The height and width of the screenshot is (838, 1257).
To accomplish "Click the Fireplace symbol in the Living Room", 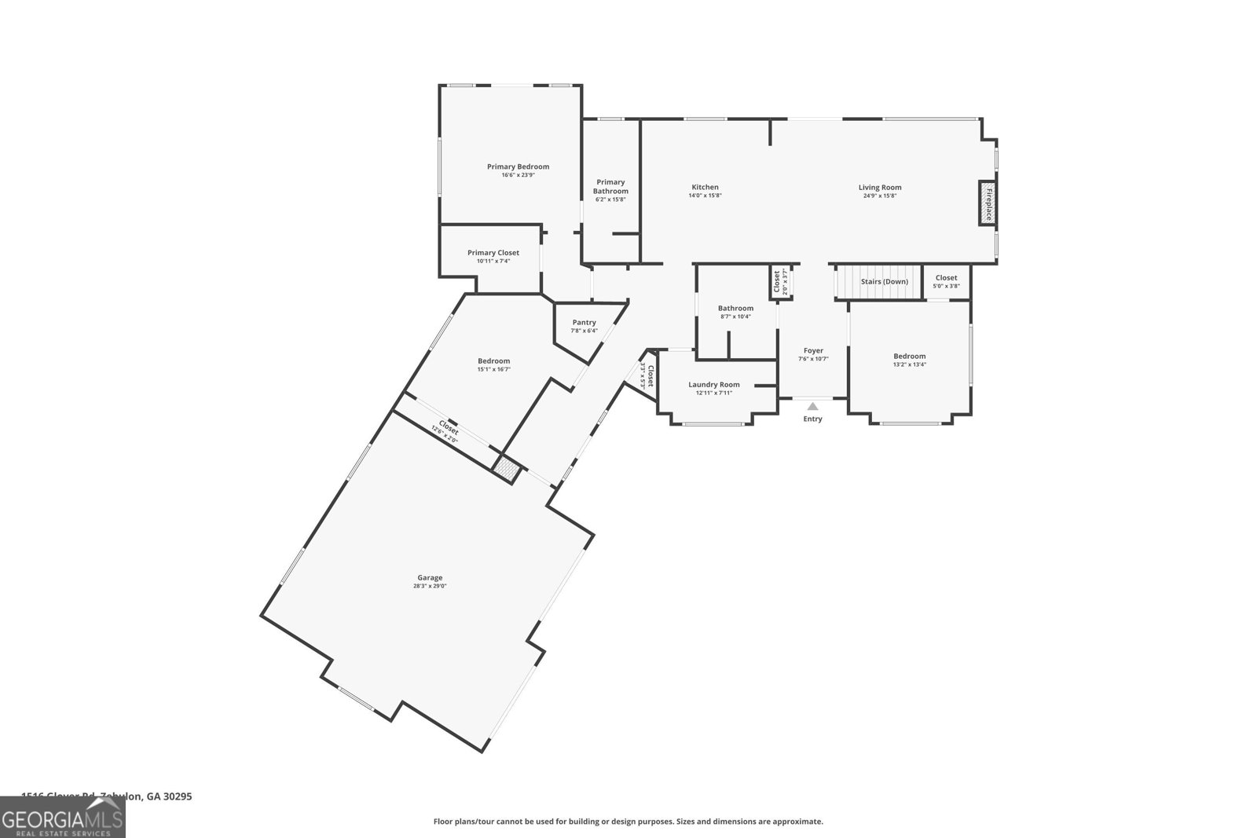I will click(x=987, y=203).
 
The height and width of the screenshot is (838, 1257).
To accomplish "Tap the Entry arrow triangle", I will click(x=813, y=407).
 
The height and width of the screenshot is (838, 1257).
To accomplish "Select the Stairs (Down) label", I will click(x=884, y=281).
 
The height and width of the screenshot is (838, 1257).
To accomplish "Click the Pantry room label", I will click(x=584, y=323).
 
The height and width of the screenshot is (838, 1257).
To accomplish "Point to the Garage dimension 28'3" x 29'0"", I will click(x=430, y=586).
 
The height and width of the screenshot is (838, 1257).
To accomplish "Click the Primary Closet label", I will click(x=493, y=253).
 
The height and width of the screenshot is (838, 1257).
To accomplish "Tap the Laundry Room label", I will click(x=714, y=385).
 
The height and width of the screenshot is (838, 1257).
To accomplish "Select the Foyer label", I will click(x=813, y=350).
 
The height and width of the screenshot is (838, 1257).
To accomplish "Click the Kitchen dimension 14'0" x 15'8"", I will click(x=705, y=196).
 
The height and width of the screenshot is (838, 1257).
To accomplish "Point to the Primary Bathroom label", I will click(x=610, y=187).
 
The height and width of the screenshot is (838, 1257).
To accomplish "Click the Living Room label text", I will click(x=880, y=187).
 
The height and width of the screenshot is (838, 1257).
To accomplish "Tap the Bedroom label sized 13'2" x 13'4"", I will click(x=909, y=356).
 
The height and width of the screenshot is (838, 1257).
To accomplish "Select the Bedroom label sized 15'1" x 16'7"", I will click(x=493, y=360).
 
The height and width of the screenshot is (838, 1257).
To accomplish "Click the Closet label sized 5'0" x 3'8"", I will click(x=946, y=277).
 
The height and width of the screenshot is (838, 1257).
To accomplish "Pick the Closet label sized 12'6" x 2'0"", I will click(x=449, y=427).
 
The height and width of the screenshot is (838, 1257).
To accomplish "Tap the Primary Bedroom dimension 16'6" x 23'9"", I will click(x=518, y=175).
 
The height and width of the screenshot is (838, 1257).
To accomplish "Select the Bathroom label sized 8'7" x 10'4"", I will click(x=735, y=308).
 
